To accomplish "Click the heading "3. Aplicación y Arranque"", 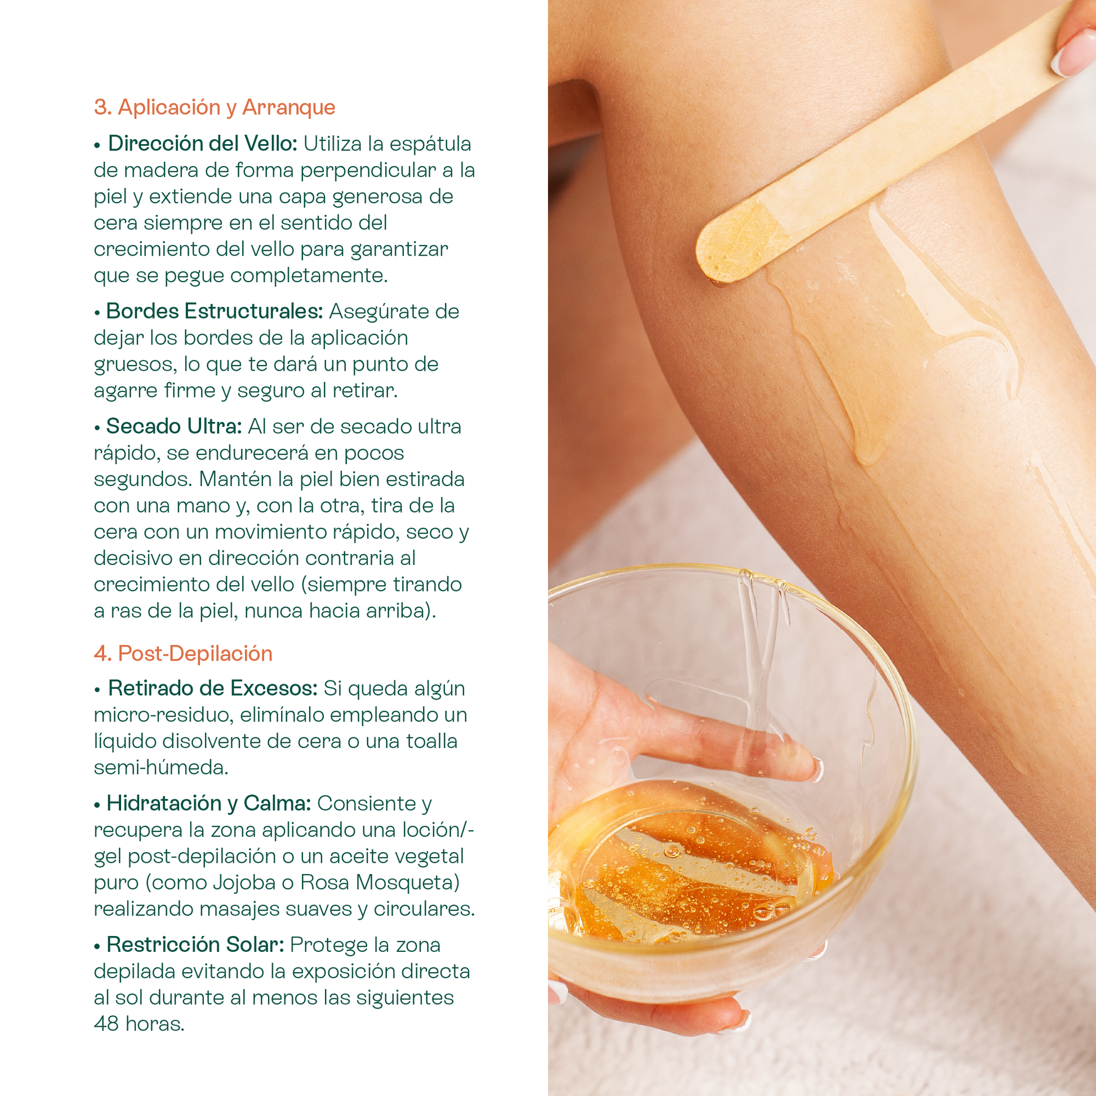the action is [215, 108].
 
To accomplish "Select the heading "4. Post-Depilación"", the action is [183, 653].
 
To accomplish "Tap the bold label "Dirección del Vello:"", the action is [203, 144].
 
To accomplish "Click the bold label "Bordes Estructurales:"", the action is [215, 311].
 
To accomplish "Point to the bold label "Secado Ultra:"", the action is [174, 426].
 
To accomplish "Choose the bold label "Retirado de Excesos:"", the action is [213, 688].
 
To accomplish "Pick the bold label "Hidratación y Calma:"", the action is [209, 803].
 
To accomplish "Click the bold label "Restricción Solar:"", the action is [195, 944].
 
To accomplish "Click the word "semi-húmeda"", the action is [161, 767].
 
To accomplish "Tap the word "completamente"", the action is [309, 276].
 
